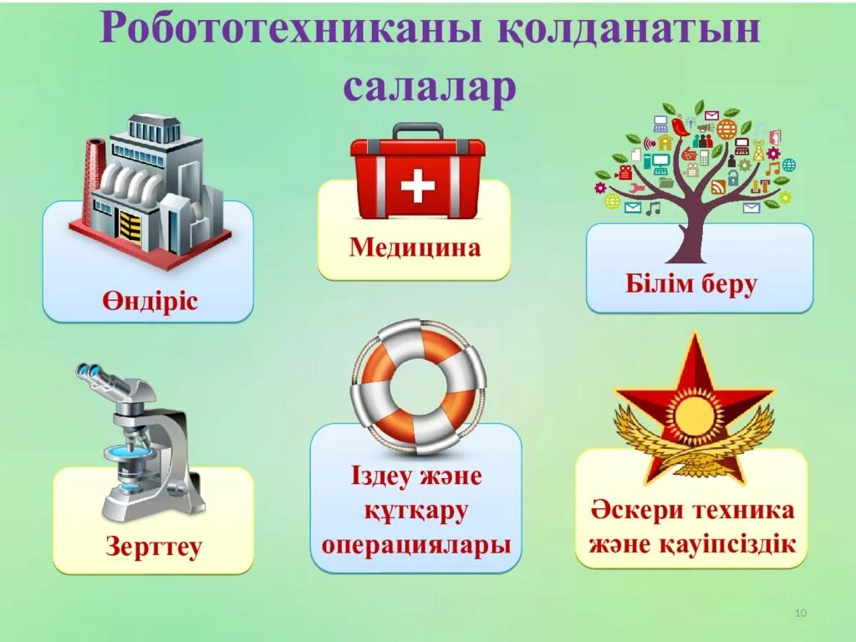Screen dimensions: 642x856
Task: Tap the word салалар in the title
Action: point(429,87)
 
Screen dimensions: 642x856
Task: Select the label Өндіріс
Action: point(150,300)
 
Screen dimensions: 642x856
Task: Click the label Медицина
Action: point(415,247)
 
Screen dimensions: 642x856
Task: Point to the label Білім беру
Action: point(691,284)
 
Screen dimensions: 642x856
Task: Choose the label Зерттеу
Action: point(154,547)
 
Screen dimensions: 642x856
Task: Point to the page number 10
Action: point(800,614)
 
